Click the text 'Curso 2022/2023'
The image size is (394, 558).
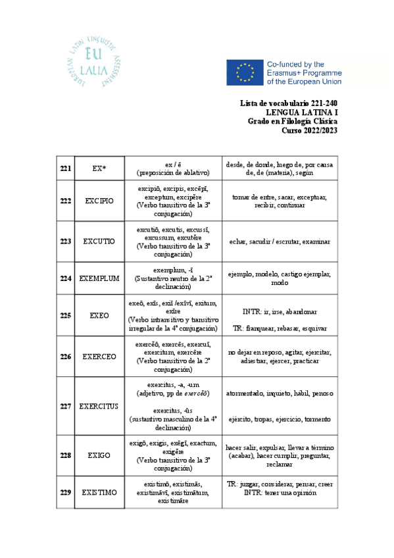(309, 130)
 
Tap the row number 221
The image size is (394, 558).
(65, 168)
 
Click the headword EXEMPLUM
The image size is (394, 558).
(99, 278)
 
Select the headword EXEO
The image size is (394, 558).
(99, 315)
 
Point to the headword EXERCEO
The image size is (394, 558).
(99, 357)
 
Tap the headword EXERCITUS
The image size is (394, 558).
(99, 406)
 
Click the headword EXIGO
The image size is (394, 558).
(99, 455)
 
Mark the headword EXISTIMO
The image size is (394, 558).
(99, 492)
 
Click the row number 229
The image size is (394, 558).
(65, 492)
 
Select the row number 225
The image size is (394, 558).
(65, 315)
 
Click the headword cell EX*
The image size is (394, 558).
(99, 168)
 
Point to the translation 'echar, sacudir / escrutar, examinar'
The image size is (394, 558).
(280, 241)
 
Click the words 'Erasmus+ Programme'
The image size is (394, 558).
(303, 72)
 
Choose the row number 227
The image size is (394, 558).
(65, 406)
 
